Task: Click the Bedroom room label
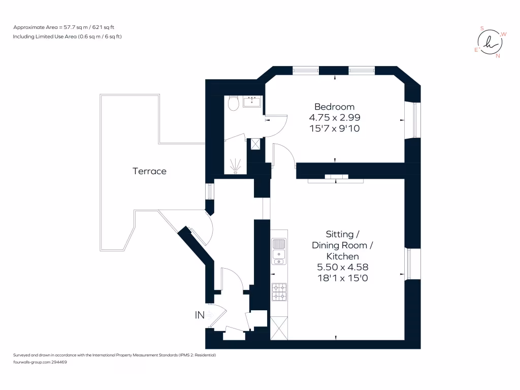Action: point(334,107)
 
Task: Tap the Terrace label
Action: point(149,171)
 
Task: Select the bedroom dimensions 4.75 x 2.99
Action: point(334,117)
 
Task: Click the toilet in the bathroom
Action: point(233,104)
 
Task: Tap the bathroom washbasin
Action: point(252,102)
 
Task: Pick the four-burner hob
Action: point(279,291)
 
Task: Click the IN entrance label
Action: point(200,315)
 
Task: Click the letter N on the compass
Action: point(498,56)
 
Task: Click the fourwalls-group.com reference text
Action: point(40,362)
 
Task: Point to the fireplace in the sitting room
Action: point(335,177)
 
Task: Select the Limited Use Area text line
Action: point(67,37)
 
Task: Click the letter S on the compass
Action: point(482,29)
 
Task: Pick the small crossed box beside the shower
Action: point(255,144)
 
